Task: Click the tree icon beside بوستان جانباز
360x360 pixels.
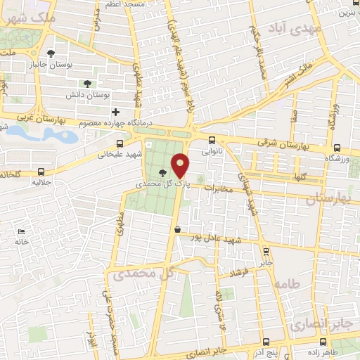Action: (x=51, y=53)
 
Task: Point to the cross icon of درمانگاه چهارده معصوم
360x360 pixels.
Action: (x=117, y=112)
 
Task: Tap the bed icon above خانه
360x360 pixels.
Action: (x=21, y=231)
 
